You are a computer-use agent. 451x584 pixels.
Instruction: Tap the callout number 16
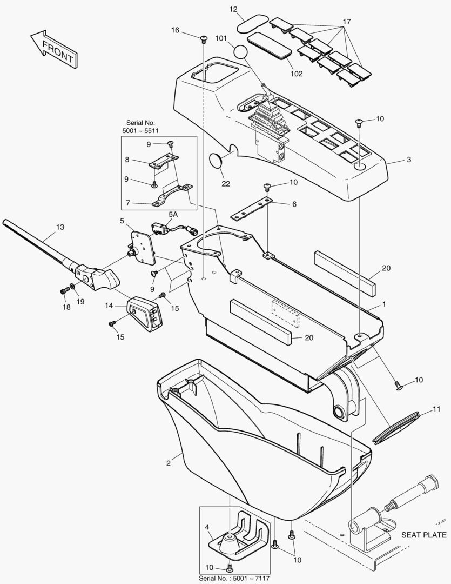tap(176, 30)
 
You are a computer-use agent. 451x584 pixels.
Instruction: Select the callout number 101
tap(221, 39)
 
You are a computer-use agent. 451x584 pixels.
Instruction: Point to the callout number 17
tap(346, 22)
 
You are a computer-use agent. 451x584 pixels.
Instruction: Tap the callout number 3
tap(409, 160)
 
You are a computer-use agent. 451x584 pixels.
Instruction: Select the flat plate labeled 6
tap(252, 209)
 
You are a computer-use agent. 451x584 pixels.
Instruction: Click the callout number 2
tap(169, 463)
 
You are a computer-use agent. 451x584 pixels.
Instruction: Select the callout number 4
tap(207, 526)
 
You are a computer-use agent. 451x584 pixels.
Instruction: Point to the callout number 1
tap(384, 304)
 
